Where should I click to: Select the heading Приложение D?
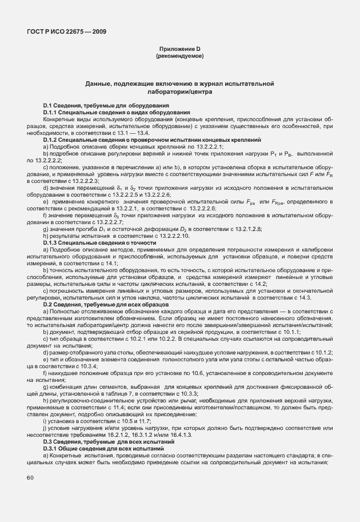click(179, 50)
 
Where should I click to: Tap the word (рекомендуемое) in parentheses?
click(179, 57)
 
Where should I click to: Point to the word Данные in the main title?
click(99, 84)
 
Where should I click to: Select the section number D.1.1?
click(53, 113)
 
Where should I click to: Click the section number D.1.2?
click(53, 140)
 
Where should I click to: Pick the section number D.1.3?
click(53, 243)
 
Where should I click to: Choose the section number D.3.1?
click(53, 449)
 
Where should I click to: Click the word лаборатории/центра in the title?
click(179, 91)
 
